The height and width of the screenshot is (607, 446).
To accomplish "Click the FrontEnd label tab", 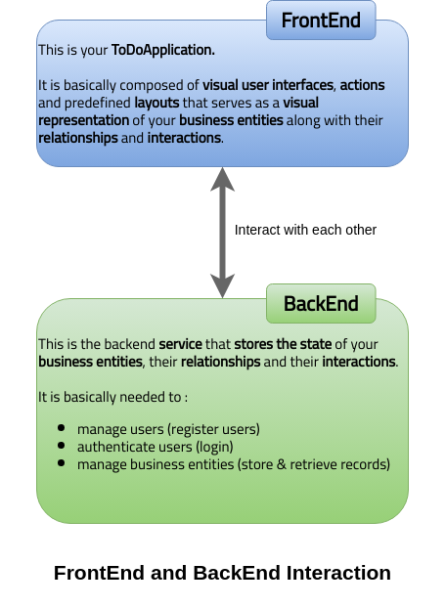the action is click(x=321, y=21).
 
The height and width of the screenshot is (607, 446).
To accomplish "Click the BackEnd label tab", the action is click(x=321, y=303).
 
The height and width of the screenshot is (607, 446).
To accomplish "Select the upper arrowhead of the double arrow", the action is click(x=222, y=179).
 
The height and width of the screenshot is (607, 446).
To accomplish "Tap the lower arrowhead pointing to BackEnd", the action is click(x=222, y=286).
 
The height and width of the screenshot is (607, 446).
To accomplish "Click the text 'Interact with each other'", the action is click(x=305, y=230).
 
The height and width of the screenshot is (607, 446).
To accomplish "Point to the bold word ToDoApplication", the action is click(x=162, y=50).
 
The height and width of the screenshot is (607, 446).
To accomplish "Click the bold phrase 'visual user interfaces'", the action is click(x=268, y=85).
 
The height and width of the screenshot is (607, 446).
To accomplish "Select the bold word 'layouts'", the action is click(x=156, y=103).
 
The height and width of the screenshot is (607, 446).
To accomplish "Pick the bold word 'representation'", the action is click(x=84, y=121).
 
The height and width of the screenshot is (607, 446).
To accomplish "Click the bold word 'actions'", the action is click(x=362, y=85).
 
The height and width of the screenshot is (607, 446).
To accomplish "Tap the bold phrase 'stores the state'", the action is click(x=283, y=344).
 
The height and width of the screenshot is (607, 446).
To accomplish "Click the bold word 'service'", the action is click(x=181, y=344).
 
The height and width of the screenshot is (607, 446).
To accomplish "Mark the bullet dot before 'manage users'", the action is click(x=61, y=428).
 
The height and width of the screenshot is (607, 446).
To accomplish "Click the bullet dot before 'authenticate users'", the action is click(x=61, y=445).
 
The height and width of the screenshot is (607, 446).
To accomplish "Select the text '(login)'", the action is click(x=214, y=447).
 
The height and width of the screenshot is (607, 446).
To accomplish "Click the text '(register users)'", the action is click(x=213, y=429).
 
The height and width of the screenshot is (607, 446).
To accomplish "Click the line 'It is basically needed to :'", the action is click(x=113, y=397).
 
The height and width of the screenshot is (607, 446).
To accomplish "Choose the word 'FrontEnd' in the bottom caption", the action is click(x=99, y=573).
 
